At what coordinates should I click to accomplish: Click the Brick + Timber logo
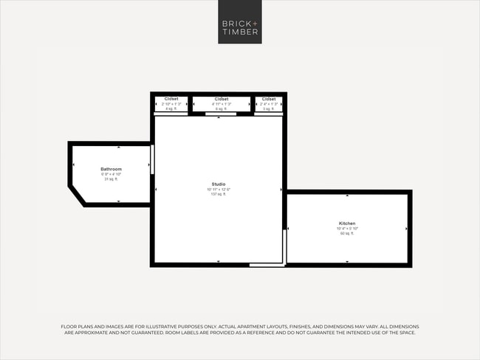tap(240, 22)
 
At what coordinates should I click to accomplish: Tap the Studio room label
tap(219, 184)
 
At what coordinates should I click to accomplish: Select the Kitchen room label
tap(347, 223)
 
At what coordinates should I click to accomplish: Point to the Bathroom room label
tap(111, 169)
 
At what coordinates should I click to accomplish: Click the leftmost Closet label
tap(171, 99)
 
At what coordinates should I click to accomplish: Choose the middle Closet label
tap(221, 99)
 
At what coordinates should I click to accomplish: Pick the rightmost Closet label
tap(269, 99)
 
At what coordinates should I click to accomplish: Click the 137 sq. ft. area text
tap(219, 194)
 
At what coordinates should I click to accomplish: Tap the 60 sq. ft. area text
tap(347, 233)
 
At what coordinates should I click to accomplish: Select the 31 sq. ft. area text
tap(111, 179)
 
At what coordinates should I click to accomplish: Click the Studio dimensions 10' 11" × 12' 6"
tap(219, 189)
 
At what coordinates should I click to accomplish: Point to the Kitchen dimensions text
tap(347, 228)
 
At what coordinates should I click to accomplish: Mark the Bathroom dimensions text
tap(111, 174)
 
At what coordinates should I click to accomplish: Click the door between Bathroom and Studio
tap(152, 159)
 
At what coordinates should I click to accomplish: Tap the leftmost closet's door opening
tap(171, 114)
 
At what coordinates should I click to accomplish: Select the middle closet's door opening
tap(221, 114)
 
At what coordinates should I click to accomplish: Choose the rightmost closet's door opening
tap(269, 114)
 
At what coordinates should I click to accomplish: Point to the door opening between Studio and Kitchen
tap(284, 245)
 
